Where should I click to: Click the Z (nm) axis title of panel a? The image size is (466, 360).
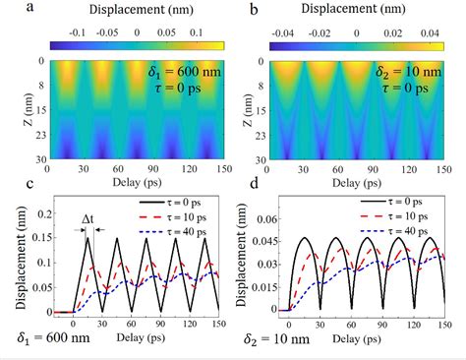(10, 110)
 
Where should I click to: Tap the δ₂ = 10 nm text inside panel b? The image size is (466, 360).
(409, 73)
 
